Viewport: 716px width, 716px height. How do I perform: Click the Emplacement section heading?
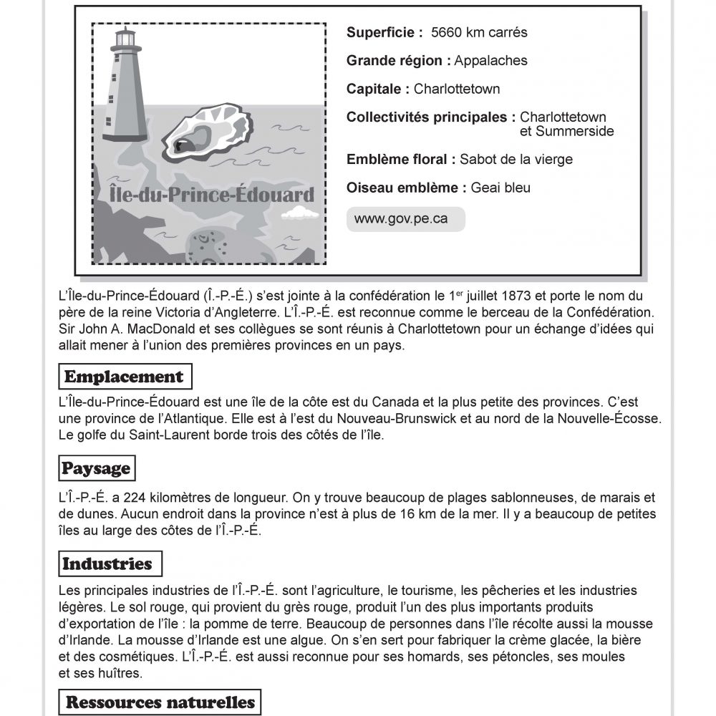pyautogui.click(x=124, y=377)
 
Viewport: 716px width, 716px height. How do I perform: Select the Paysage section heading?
pyautogui.click(x=96, y=469)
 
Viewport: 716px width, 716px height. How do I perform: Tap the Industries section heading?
pyautogui.click(x=107, y=563)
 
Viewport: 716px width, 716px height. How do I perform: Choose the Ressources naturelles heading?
pyautogui.click(x=160, y=702)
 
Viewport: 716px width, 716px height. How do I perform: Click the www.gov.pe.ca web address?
pyautogui.click(x=401, y=219)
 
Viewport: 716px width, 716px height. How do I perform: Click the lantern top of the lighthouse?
pyautogui.click(x=126, y=38)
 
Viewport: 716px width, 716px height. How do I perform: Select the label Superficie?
pyautogui.click(x=379, y=33)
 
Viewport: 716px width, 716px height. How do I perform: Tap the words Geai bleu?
pyautogui.click(x=506, y=188)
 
